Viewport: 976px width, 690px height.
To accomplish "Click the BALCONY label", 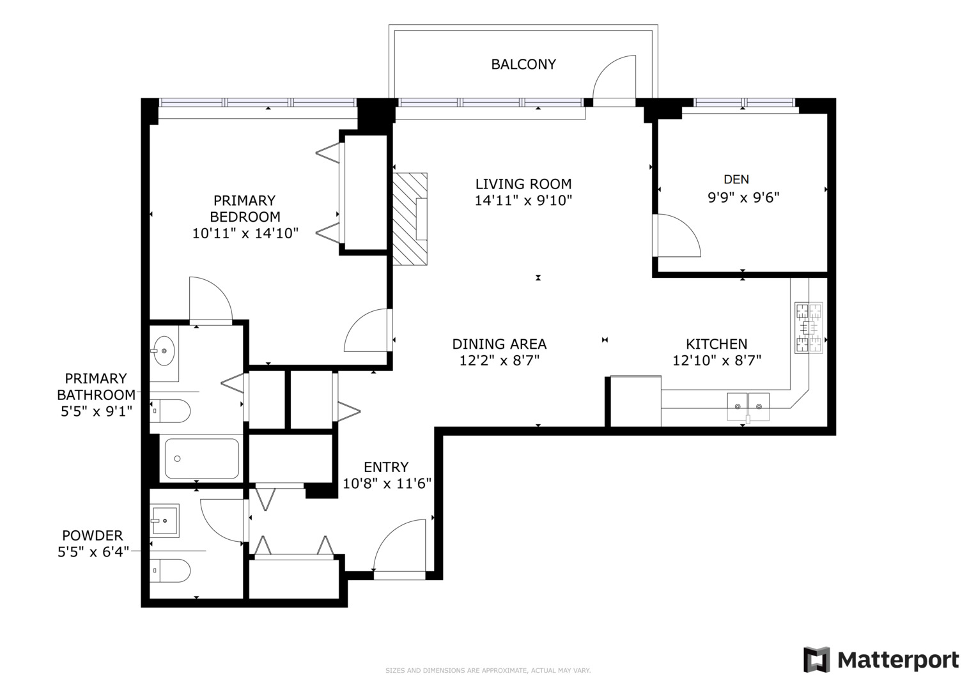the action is tap(523, 65).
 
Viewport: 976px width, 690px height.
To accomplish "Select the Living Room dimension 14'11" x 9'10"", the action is tap(523, 201).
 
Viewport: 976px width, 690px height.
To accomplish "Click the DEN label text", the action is tap(736, 179).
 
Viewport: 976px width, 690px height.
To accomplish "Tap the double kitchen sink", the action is tap(748, 407).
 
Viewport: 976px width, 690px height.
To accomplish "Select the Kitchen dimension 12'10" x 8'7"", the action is tap(717, 361).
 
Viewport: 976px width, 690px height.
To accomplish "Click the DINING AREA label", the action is tap(499, 344).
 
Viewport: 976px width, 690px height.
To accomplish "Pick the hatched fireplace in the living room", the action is tap(410, 218).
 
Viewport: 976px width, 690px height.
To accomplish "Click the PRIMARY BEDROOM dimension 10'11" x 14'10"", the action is tap(245, 233).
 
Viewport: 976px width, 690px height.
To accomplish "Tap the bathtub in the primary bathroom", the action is tap(202, 459).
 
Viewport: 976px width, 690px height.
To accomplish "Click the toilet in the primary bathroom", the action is tap(170, 411).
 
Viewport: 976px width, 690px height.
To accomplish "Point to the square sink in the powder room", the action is tap(164, 521).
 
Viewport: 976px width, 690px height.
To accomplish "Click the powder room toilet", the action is tap(170, 571).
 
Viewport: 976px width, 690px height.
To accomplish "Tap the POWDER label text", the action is tap(93, 535).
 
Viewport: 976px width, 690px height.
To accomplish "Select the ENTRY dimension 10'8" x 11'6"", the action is tap(387, 484).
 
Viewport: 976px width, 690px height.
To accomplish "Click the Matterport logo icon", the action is tap(817, 660).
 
